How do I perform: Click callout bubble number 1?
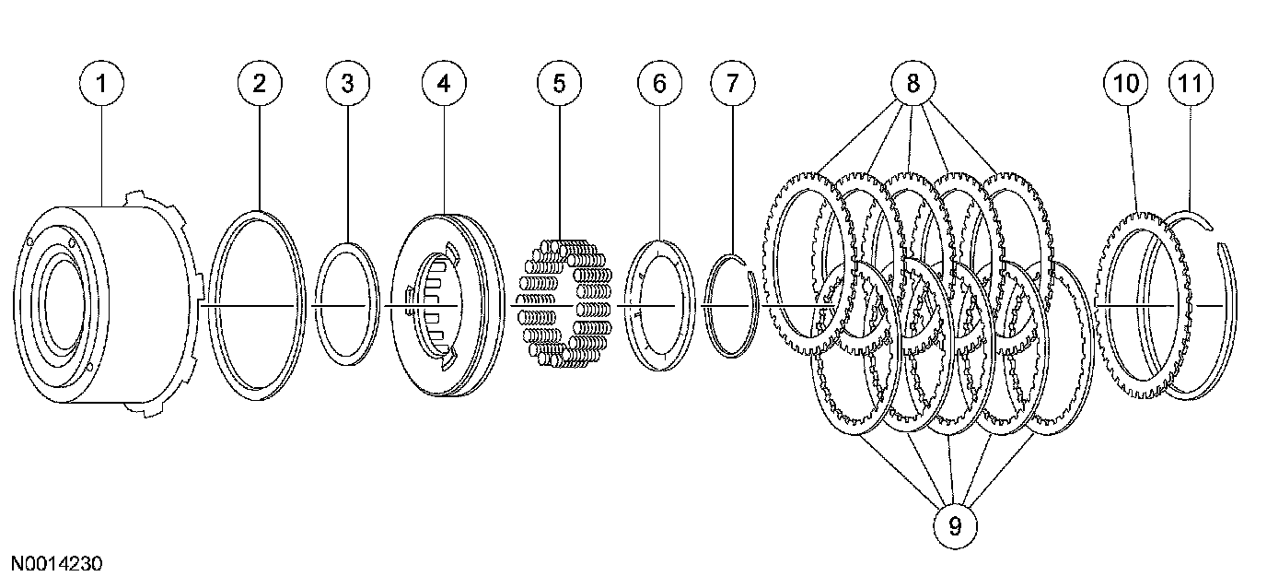click(101, 83)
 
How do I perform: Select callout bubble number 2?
click(259, 83)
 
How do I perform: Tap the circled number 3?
click(347, 83)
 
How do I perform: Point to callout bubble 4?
click(444, 83)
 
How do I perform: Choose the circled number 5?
click(559, 83)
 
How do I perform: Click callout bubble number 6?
click(659, 83)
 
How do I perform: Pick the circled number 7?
click(732, 83)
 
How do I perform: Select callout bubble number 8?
click(912, 83)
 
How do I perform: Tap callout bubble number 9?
click(954, 525)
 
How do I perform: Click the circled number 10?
click(1125, 83)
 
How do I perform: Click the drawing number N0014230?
click(57, 563)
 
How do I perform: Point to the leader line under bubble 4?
click(444, 157)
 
